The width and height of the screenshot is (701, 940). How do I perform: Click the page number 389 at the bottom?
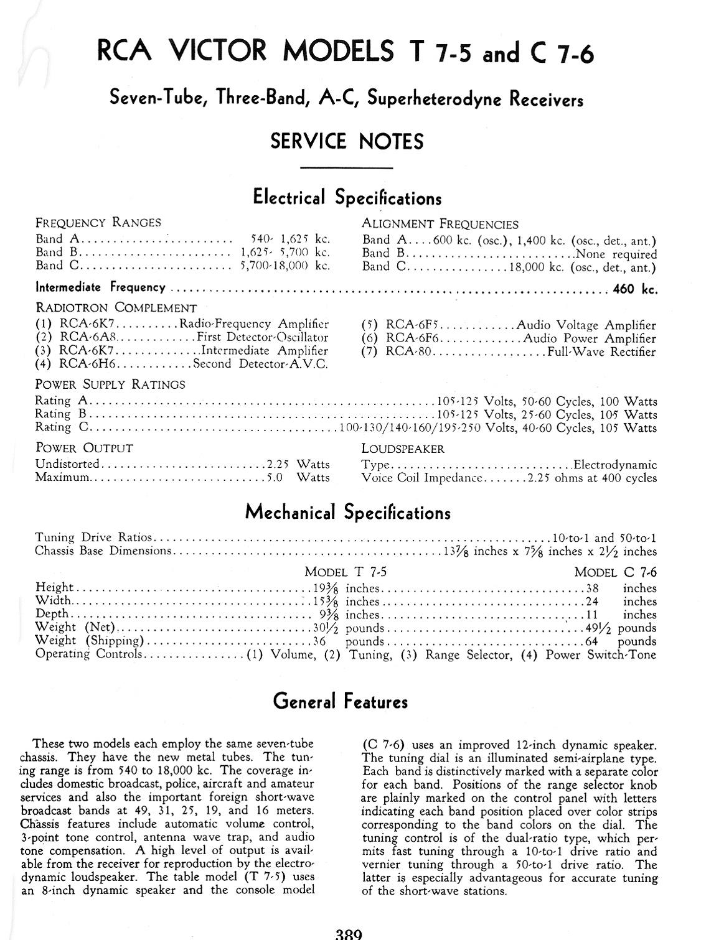click(349, 934)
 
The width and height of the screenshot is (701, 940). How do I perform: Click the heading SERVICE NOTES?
click(347, 141)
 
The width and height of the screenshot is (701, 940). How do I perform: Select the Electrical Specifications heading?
click(347, 198)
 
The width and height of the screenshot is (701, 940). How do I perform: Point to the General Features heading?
click(341, 702)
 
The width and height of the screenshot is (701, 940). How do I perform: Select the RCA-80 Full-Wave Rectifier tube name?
click(408, 352)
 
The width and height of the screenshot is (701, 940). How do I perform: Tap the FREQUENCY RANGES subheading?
click(98, 223)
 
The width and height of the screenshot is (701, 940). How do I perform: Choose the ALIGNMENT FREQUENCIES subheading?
click(440, 224)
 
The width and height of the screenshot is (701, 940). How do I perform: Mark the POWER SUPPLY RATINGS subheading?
click(110, 384)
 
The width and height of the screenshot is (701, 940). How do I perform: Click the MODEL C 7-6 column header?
click(615, 572)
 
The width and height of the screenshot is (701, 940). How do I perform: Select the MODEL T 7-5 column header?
click(345, 572)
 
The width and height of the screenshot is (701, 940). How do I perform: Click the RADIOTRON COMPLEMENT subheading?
click(116, 308)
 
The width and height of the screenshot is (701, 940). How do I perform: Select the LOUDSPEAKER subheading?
click(403, 449)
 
